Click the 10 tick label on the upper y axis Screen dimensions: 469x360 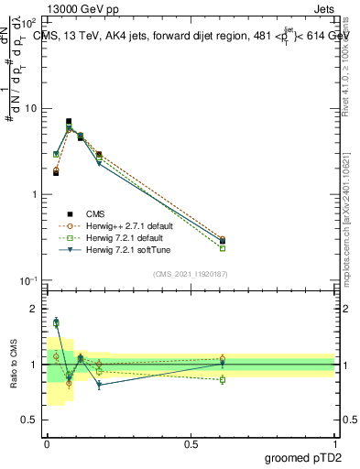pyautogui.click(x=28, y=109)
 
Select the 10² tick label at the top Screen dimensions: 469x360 pyautogui.click(x=27, y=22)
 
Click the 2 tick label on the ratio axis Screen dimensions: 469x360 pyautogui.click(x=33, y=310)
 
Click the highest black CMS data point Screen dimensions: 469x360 pyautogui.click(x=69, y=121)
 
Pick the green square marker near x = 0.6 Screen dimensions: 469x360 pyautogui.click(x=223, y=248)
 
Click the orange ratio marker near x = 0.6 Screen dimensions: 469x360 pyautogui.click(x=223, y=359)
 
